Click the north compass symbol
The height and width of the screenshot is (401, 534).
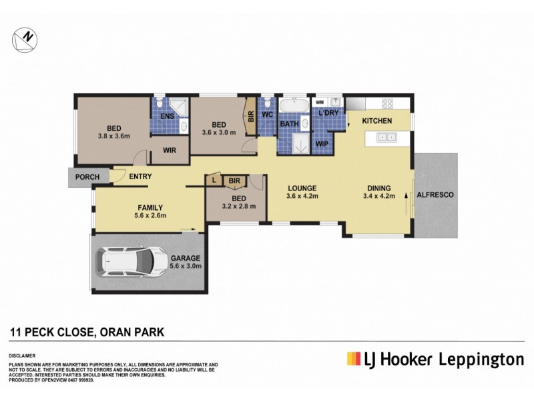25,39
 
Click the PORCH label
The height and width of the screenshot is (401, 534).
87,177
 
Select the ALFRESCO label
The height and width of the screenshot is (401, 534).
435,194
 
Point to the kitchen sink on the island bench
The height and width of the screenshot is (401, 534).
385,138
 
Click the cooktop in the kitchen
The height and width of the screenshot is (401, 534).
388,104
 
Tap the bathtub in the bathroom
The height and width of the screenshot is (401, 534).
293,106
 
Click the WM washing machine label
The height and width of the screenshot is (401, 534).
319,102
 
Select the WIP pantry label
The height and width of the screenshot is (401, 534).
322,144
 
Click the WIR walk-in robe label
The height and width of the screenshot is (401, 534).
170,151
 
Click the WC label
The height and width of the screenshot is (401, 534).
268,115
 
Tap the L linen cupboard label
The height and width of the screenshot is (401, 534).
214,180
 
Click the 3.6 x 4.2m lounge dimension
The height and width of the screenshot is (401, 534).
302,196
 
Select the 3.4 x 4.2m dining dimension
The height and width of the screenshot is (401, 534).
378,196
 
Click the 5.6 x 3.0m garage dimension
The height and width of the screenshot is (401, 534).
186,266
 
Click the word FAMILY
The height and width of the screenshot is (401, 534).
150,207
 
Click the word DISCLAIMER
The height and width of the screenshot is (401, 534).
23,356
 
